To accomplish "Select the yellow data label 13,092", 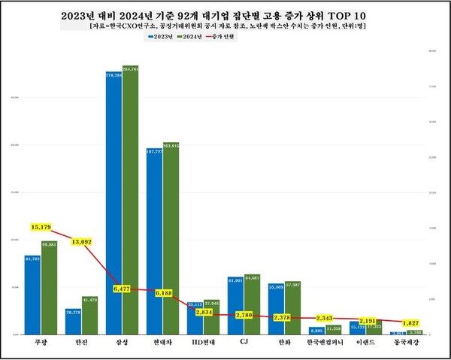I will coord(82,242).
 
